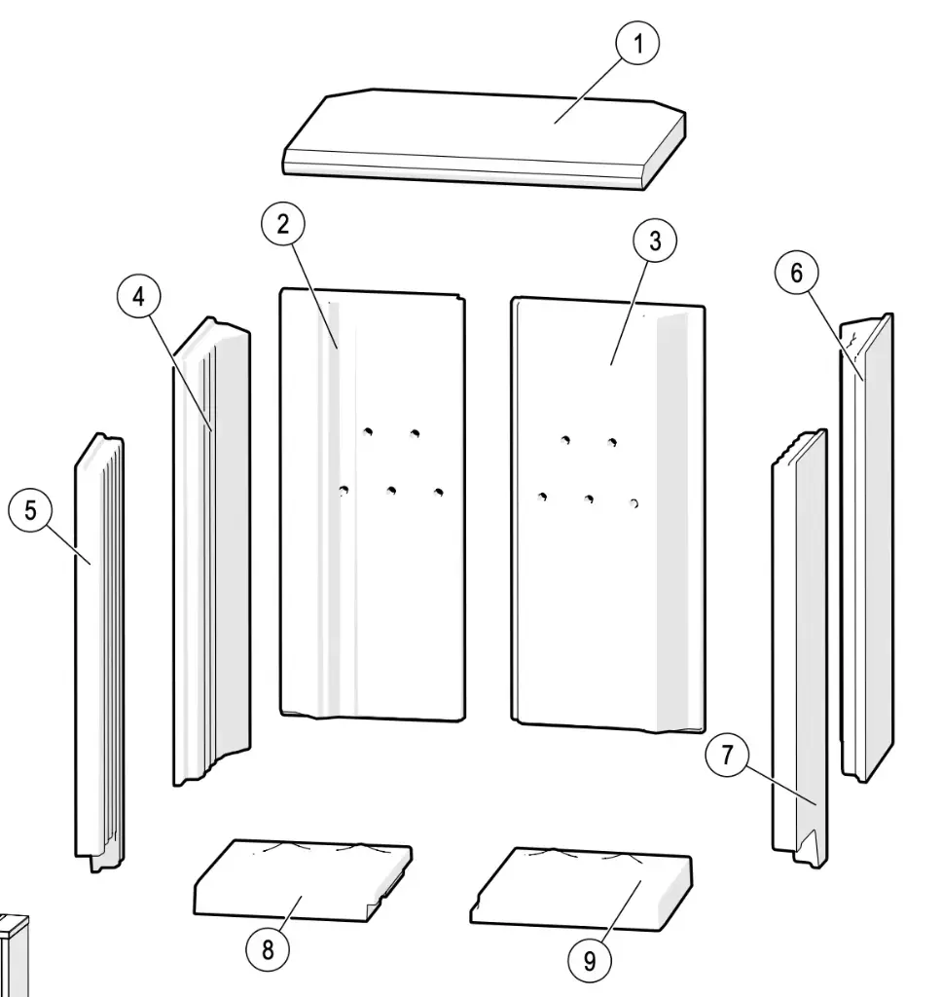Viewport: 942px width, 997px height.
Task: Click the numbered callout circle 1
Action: pyautogui.click(x=637, y=43)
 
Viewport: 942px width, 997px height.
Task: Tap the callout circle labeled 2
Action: pyautogui.click(x=283, y=224)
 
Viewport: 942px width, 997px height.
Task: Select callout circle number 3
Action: pyautogui.click(x=655, y=240)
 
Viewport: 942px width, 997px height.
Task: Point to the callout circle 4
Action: pyautogui.click(x=138, y=296)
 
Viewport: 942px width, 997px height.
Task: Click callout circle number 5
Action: pyautogui.click(x=30, y=510)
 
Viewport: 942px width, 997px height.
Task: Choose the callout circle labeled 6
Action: pyautogui.click(x=796, y=273)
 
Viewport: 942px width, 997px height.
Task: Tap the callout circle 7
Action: pyautogui.click(x=727, y=755)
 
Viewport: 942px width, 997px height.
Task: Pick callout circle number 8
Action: pyautogui.click(x=268, y=950)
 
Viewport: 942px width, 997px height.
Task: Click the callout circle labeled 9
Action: pyautogui.click(x=589, y=960)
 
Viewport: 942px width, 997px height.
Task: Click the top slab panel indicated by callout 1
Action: pyautogui.click(x=485, y=138)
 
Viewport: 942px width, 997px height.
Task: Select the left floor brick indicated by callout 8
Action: pyautogui.click(x=303, y=880)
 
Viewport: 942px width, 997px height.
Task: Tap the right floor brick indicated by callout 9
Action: pyautogui.click(x=581, y=889)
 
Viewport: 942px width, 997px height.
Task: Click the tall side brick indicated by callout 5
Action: pyautogui.click(x=100, y=651)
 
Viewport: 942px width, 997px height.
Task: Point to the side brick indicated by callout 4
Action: pyautogui.click(x=212, y=551)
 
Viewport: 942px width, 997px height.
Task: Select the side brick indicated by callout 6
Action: pyautogui.click(x=867, y=547)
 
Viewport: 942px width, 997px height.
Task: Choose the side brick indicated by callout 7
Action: pyautogui.click(x=800, y=647)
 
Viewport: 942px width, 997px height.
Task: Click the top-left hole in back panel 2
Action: pyautogui.click(x=368, y=432)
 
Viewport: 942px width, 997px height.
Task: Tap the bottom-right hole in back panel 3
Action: pyautogui.click(x=634, y=503)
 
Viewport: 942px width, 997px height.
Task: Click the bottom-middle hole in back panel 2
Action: pyautogui.click(x=391, y=491)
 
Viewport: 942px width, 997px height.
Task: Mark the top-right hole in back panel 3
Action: pyautogui.click(x=611, y=443)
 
